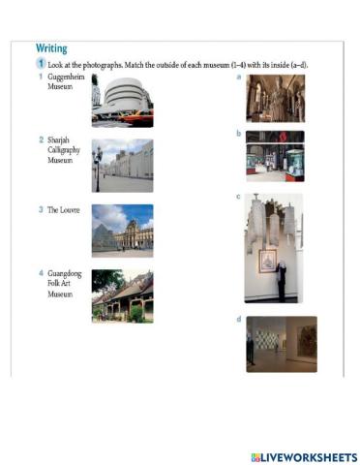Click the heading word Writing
pos(51,47)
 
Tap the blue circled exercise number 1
pos(42,64)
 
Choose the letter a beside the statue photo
pos(238,77)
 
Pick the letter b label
pos(238,134)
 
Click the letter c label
pos(238,197)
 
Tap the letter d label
pos(238,320)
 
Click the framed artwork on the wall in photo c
pos(267,260)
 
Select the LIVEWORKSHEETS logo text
pos(303,455)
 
